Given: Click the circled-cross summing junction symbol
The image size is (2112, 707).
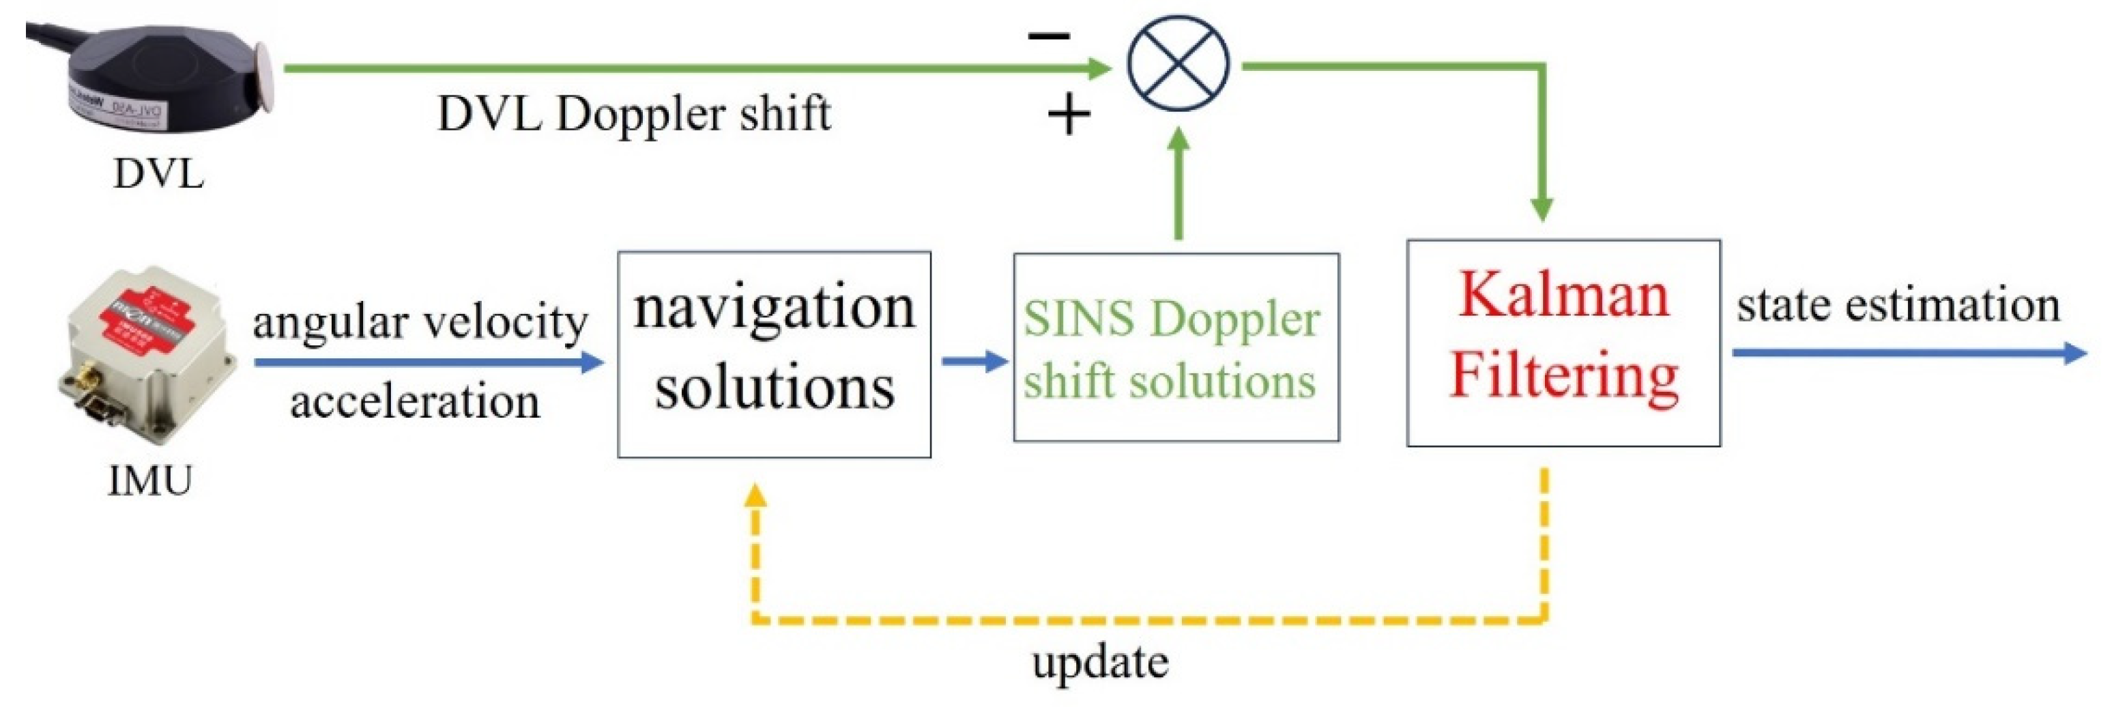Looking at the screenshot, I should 1178,63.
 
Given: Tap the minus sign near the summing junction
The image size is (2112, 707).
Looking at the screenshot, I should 1050,35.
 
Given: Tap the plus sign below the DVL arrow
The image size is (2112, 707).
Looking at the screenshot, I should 1069,115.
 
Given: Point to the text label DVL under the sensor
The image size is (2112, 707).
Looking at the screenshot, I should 158,174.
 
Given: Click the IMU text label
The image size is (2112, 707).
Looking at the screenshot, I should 150,480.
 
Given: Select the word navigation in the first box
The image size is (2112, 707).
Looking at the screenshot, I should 774,309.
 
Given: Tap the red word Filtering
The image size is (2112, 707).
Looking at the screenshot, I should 1563,375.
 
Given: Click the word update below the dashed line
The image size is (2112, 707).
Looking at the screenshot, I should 1100,663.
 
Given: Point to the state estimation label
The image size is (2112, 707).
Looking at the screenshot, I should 1898,305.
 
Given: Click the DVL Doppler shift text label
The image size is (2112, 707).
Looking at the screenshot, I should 634,113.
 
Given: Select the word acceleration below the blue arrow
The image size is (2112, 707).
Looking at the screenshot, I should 415,402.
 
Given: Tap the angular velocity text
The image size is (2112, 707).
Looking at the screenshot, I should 420,321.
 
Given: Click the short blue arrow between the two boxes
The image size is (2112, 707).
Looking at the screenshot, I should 974,361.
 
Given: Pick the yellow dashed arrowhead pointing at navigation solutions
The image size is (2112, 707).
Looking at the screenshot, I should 755,495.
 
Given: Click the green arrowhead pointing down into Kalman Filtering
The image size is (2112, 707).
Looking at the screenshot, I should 1542,209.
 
